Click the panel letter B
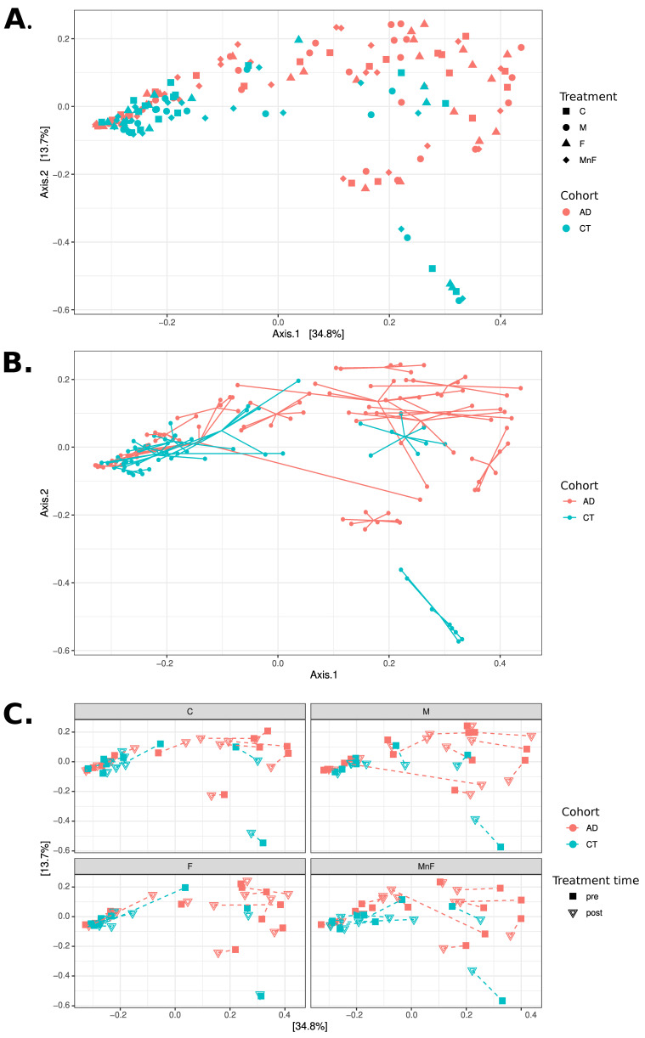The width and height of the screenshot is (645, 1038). coord(17,363)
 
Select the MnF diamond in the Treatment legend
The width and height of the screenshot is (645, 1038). coord(567,160)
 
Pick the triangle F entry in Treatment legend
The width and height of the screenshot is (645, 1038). coord(567,144)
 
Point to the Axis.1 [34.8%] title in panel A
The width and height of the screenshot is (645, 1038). coord(302,334)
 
